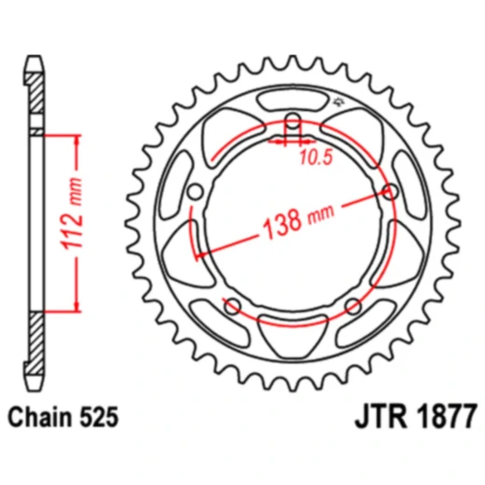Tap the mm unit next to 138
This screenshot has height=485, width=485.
click(x=320, y=215)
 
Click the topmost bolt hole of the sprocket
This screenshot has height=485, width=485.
click(x=292, y=121)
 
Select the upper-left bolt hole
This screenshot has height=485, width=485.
click(x=195, y=192)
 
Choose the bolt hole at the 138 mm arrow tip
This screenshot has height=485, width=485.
click(x=390, y=192)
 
